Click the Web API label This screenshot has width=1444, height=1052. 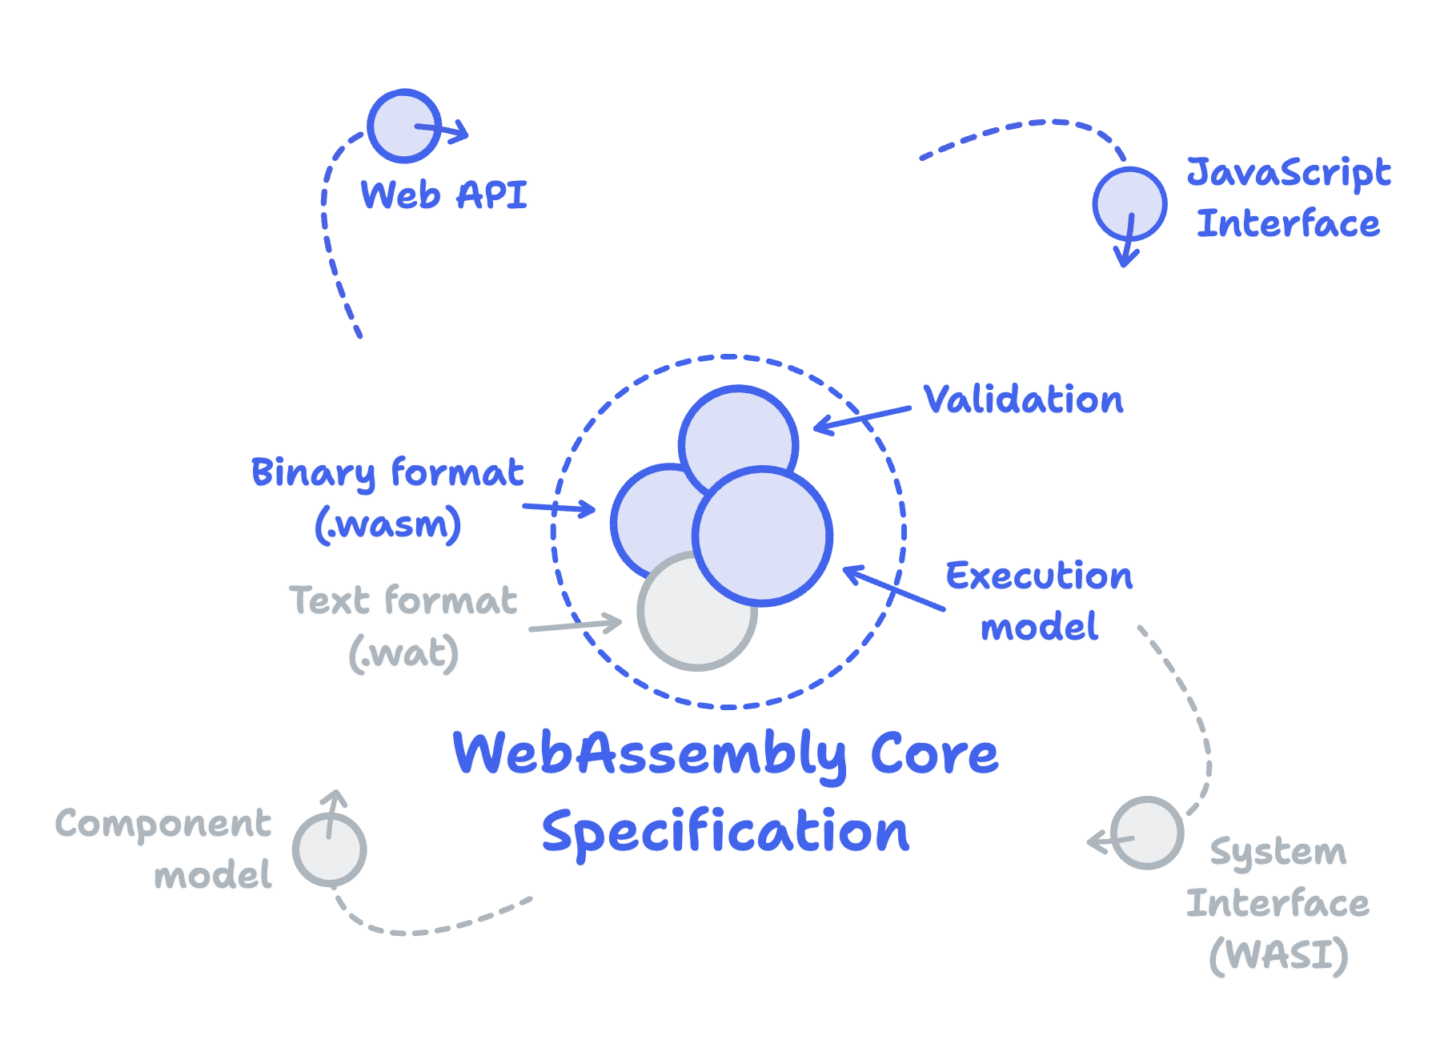pos(444,195)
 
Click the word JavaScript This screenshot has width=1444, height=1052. pos(1289,172)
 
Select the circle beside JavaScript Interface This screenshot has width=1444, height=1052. pos(1129,203)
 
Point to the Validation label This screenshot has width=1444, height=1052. pos(1023,399)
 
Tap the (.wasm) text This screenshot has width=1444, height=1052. pos(388,524)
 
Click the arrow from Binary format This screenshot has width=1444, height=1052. pos(559,508)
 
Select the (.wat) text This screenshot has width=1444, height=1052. pos(404,653)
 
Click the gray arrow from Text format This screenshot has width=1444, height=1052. pos(575,626)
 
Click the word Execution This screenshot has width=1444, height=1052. pos(1039,576)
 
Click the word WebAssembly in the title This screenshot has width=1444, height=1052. pos(649,753)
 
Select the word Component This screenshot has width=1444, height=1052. pos(163,824)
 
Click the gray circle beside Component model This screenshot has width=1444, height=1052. pos(329,851)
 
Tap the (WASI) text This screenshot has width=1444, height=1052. pos(1278,955)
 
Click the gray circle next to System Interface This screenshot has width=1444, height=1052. pos(1147,833)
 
